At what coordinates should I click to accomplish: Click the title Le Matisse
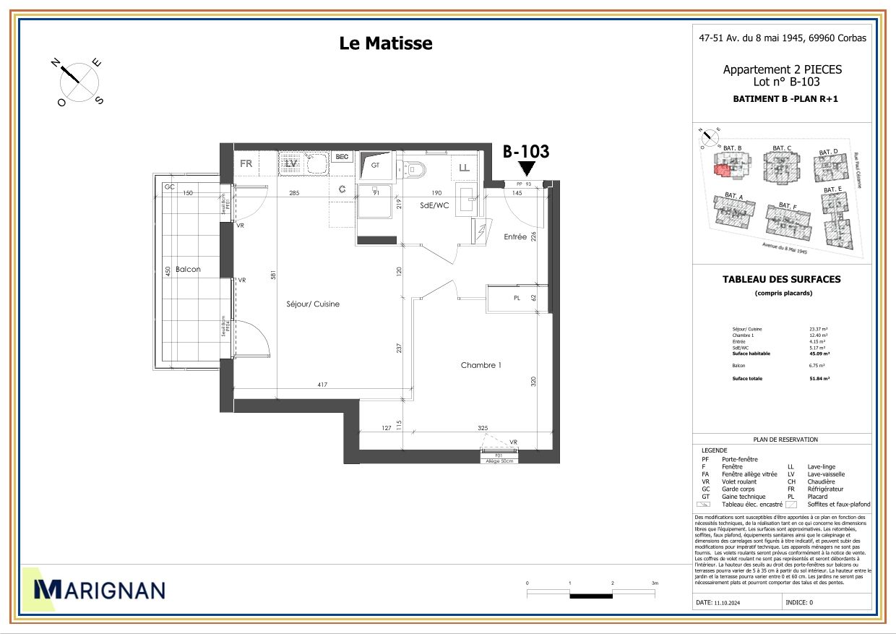point(386,43)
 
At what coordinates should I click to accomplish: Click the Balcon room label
point(188,269)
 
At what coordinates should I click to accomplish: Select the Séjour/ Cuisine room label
point(313,304)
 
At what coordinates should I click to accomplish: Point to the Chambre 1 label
point(481,365)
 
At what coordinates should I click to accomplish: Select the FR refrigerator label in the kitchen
point(246,163)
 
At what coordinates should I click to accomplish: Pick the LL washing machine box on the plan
point(465,168)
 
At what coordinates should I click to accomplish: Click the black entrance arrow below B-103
point(527,168)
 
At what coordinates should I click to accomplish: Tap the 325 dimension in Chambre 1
point(483,428)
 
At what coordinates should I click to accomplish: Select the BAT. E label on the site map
point(833,189)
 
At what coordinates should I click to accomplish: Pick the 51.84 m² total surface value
point(819,378)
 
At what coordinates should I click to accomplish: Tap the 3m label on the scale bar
point(655,583)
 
